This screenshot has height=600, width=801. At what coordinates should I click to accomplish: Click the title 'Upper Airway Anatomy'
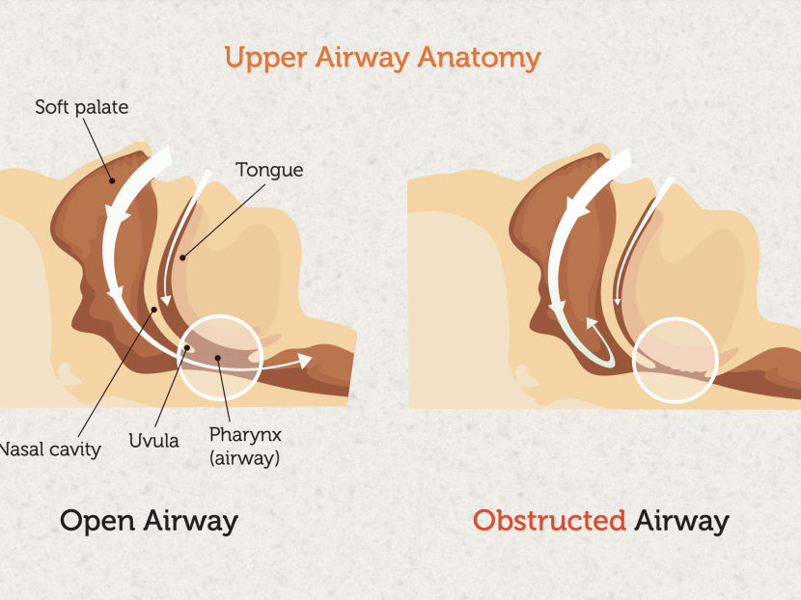pos(382,58)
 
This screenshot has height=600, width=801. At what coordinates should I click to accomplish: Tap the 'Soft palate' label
pos(82,107)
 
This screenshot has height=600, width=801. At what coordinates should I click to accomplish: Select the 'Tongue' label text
pos(269,170)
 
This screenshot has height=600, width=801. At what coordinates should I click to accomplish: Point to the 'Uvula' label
pos(153,441)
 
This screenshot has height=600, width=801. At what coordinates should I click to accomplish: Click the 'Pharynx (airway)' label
pos(245,447)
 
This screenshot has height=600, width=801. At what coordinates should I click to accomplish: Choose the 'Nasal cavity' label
pos(50,450)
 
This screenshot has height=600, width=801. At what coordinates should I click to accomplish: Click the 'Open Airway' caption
pos(150,521)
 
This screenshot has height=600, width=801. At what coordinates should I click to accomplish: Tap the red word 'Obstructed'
pos(549,521)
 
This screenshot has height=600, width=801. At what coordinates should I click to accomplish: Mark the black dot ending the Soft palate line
pos(112,180)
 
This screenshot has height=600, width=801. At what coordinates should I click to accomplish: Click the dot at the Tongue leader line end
pos(182,258)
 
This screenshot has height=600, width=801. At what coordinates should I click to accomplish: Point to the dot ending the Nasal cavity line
pos(154,310)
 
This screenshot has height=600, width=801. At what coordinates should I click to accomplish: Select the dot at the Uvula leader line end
pos(187,347)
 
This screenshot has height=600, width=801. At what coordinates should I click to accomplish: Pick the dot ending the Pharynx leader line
pos(217,358)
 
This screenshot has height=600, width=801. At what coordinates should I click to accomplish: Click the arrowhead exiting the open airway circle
pos(304,360)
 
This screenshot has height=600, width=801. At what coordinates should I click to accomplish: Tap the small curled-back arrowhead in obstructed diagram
pos(592,323)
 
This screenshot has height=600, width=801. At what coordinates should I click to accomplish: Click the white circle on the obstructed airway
pos(676,318)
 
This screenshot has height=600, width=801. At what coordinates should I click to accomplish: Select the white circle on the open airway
pos(220,315)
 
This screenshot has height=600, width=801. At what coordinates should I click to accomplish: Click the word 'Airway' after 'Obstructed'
pos(681,521)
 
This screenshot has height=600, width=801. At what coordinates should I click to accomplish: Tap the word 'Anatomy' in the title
pos(480,58)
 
